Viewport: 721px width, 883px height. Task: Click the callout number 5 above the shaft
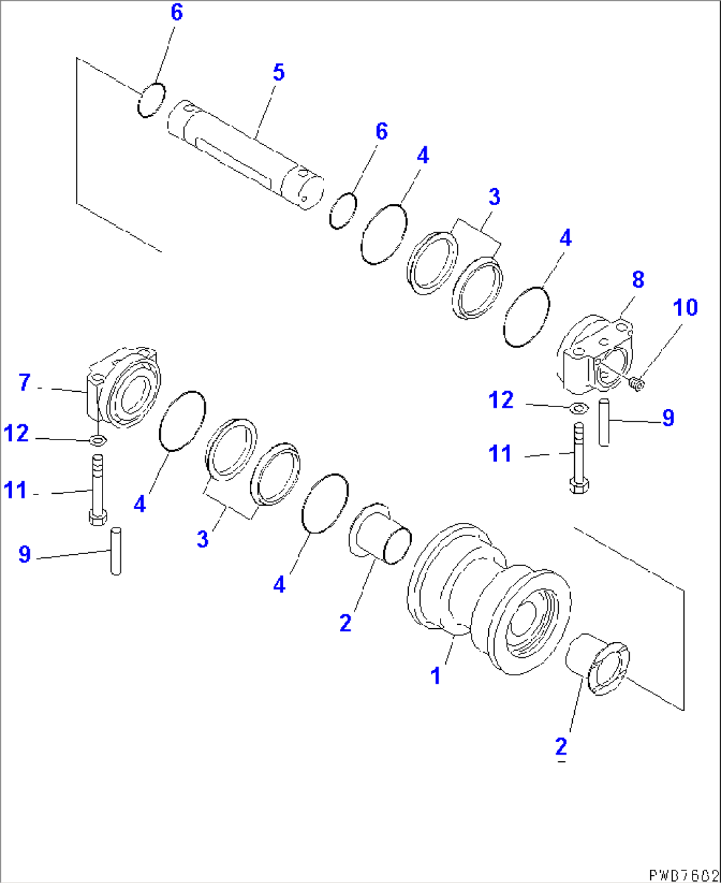[x=278, y=72]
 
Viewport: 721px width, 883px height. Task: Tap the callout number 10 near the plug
[x=685, y=308]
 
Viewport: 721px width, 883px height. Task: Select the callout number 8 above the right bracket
[x=638, y=279]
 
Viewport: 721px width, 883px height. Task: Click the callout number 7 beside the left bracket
[x=24, y=383]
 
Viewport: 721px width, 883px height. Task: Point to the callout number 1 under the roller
[x=435, y=676]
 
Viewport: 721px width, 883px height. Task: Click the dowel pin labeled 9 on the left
[x=116, y=551]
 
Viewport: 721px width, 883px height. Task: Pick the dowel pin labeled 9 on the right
[x=604, y=422]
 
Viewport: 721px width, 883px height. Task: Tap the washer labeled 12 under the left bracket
[x=98, y=440]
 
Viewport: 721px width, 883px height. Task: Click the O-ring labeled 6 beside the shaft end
[x=343, y=211]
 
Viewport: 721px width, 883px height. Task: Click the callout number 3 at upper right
[x=493, y=197]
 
